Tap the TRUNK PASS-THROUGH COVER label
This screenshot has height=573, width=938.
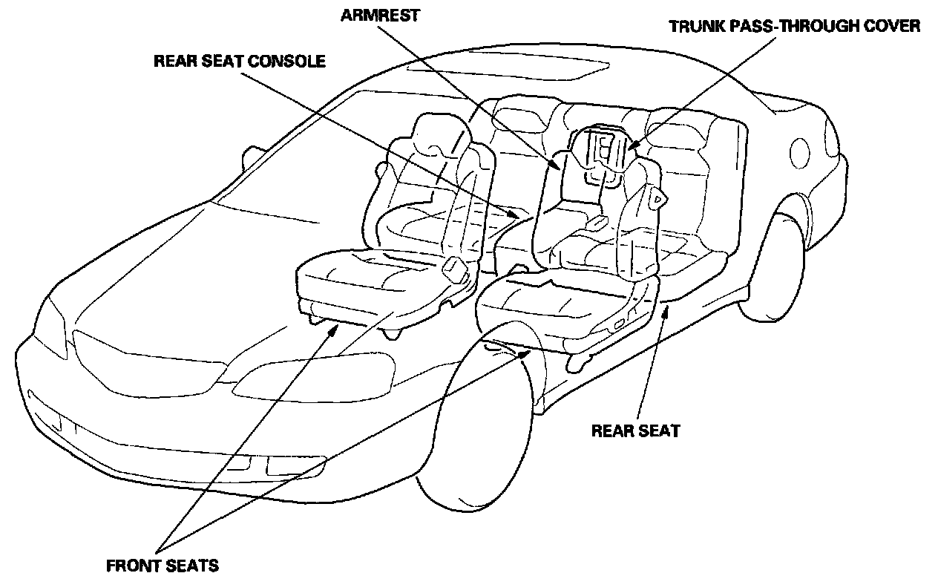tap(794, 27)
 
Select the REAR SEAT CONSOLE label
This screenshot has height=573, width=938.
tap(239, 62)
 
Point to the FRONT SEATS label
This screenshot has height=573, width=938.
tap(163, 566)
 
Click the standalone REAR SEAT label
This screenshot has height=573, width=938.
tap(635, 430)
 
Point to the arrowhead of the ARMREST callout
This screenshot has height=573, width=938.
tap(557, 164)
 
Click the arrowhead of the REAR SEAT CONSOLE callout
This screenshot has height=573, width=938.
tap(516, 215)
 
